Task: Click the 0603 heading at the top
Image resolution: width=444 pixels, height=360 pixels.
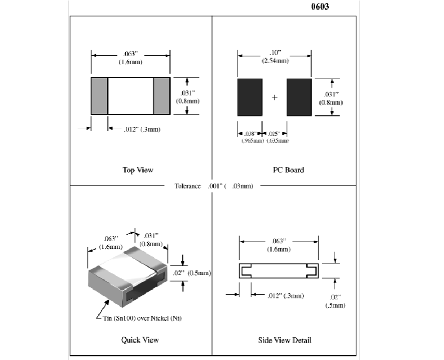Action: (x=320, y=7)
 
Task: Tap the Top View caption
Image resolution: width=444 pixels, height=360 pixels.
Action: (x=138, y=170)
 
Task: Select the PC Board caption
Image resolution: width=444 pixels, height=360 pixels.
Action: (x=288, y=170)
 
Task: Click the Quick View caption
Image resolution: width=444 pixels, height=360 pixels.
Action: (x=140, y=340)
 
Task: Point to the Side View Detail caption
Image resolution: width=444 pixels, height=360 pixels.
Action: (x=285, y=340)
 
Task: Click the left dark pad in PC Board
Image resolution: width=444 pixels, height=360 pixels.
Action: (x=250, y=97)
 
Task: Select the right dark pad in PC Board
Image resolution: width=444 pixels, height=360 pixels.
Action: (x=299, y=97)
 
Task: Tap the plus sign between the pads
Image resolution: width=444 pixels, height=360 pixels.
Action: (x=274, y=97)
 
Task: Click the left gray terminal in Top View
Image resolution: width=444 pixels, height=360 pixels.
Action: (x=99, y=96)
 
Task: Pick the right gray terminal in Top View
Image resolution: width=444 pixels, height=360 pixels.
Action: (x=162, y=96)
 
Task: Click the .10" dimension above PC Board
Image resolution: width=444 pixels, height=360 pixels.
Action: (x=275, y=53)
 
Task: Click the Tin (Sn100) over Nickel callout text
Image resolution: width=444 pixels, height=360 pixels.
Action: (x=142, y=318)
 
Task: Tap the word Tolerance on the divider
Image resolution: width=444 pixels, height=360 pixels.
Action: (x=187, y=186)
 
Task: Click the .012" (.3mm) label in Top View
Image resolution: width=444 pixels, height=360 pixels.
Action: (x=142, y=129)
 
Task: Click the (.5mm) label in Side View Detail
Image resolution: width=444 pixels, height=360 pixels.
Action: (x=335, y=305)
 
